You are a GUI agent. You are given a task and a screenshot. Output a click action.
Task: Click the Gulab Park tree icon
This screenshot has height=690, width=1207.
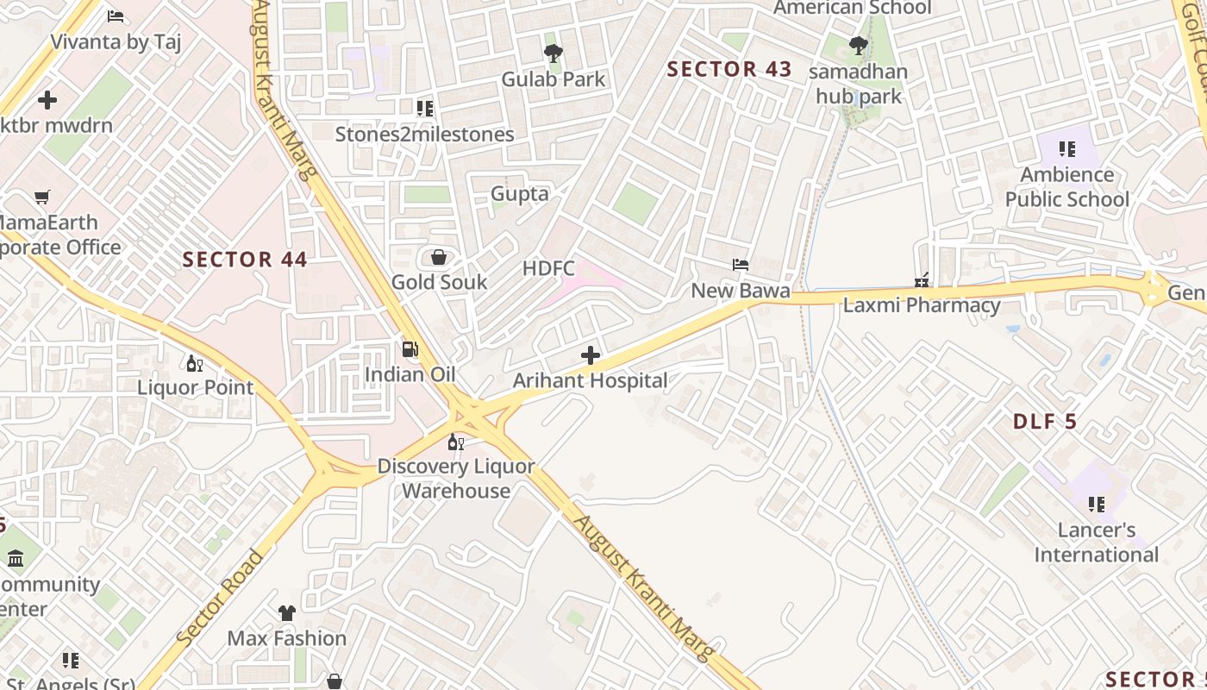coord(553,53)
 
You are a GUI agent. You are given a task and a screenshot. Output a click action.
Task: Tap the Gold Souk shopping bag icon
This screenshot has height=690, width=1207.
coord(438,257)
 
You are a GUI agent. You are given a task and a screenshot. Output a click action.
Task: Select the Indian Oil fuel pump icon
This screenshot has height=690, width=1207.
coord(410,349)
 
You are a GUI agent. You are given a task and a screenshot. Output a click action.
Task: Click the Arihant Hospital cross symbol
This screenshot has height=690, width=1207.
coord(591,355)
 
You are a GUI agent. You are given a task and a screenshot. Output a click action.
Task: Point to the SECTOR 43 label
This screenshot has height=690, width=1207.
coord(729,70)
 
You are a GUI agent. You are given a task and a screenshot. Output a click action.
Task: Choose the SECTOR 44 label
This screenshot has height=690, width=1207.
coord(245,260)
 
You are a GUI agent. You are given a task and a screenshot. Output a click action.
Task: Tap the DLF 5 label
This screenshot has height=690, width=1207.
coord(1045,422)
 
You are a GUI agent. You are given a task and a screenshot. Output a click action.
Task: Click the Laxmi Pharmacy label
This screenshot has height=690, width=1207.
coord(921,305)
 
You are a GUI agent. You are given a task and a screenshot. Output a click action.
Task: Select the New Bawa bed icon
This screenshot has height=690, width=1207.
coord(741,265)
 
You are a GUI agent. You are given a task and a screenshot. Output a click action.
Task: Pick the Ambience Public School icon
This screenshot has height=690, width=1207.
coord(1067,149)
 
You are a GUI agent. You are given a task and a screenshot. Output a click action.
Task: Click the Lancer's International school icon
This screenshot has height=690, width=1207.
coord(1097,504)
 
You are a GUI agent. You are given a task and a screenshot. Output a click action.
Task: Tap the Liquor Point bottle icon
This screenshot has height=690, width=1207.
coord(195,363)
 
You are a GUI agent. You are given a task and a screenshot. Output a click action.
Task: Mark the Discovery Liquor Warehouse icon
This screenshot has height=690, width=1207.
coord(456,442)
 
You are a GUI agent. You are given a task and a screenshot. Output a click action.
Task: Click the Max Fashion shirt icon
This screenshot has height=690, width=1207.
coord(287,613)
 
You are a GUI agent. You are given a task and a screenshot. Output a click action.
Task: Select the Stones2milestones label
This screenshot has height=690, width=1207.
coord(424,135)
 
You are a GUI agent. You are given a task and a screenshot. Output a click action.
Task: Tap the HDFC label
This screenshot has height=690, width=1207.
coord(548,268)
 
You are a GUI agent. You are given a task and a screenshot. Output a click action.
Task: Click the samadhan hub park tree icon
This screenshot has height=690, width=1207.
coord(858,45)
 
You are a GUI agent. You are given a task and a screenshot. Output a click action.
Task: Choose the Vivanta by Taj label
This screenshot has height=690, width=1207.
coord(116,42)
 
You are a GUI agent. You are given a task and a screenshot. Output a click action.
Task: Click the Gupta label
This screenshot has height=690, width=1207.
coord(519,194)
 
